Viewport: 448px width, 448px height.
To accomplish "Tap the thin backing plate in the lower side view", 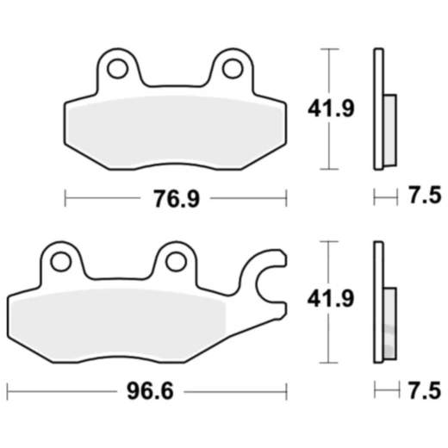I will tap(377, 302).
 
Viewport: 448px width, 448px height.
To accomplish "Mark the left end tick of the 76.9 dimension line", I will tap(66, 199).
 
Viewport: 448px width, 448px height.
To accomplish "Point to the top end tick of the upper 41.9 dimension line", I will tap(327, 50).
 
